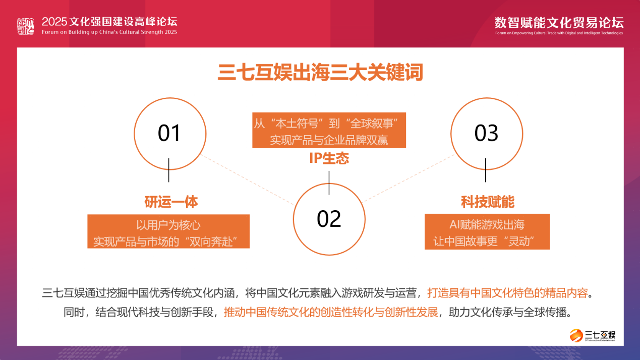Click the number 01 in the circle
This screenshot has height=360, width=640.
point(169,133)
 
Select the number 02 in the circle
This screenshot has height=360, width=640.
point(329,219)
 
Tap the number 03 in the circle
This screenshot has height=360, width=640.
point(486,133)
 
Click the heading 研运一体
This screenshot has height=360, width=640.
point(171,202)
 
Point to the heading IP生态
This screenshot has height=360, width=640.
point(329,158)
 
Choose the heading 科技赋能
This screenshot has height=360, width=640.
point(487,202)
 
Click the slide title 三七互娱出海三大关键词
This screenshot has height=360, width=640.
point(320,73)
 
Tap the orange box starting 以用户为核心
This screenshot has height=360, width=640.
point(168,231)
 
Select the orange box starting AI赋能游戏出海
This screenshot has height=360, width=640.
point(487,231)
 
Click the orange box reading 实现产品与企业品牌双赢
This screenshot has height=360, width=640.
point(329,130)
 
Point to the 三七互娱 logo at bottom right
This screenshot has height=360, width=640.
point(592,335)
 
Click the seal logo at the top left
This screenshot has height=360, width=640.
point(26,26)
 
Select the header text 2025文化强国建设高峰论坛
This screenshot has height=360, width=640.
point(109,22)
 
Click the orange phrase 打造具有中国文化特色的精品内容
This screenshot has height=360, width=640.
point(507,293)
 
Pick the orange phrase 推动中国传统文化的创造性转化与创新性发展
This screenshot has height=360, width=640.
point(331,312)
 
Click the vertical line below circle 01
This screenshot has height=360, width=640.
point(169,170)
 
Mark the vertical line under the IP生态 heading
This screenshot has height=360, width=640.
point(329,183)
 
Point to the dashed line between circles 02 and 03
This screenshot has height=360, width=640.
point(409,178)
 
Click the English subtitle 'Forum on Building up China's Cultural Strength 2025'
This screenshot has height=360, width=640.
point(109,32)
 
